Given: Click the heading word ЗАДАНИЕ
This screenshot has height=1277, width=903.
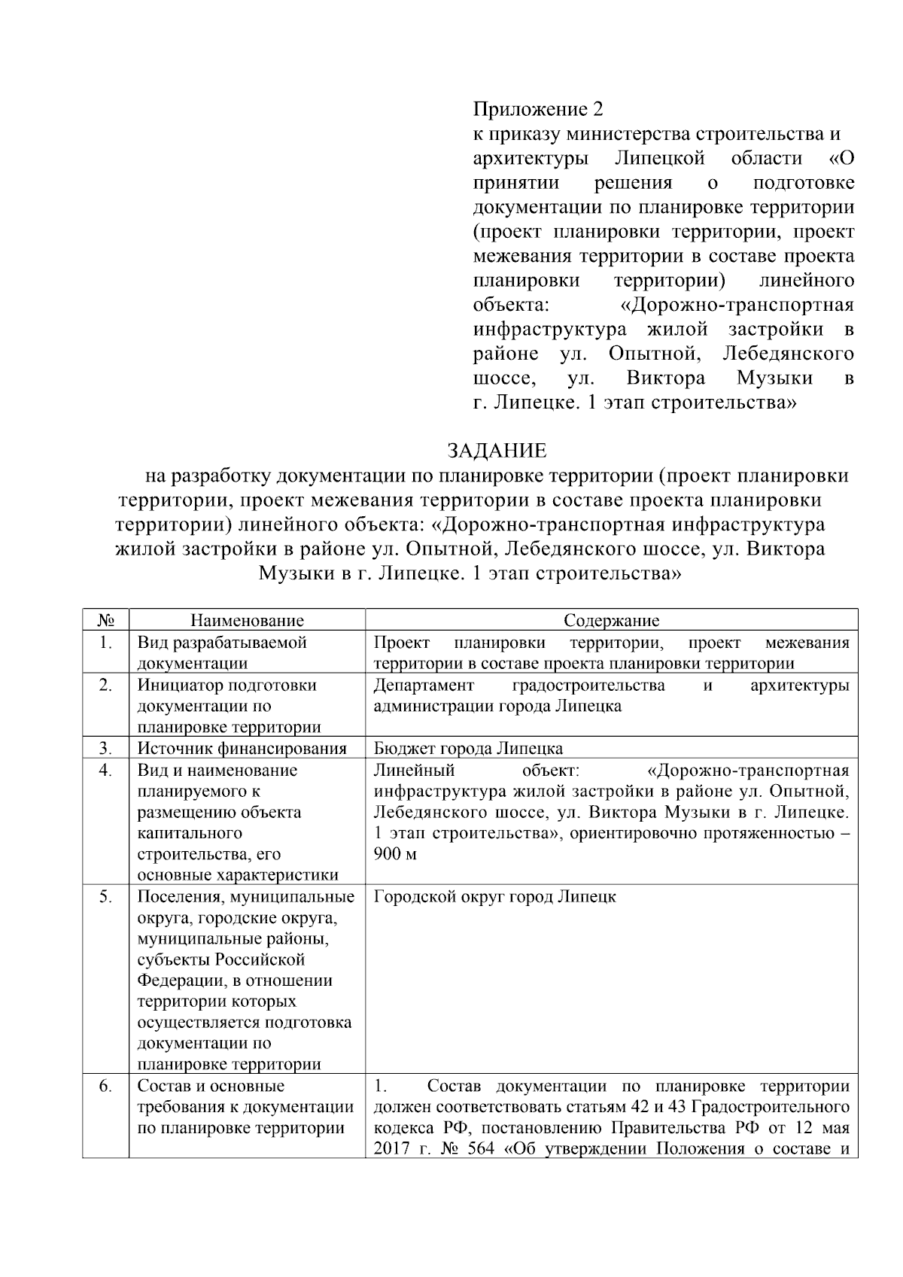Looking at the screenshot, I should click(497, 451).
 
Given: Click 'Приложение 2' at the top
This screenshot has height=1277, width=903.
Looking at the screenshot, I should click(538, 109).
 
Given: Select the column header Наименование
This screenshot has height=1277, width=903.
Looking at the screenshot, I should click(247, 621).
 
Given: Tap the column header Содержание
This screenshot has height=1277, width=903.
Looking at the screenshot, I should click(611, 621).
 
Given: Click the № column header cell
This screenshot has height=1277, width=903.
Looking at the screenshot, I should click(106, 621).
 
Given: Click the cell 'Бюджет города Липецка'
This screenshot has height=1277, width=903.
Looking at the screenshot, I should click(468, 749).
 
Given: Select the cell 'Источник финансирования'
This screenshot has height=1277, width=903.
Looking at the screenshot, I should click(242, 749).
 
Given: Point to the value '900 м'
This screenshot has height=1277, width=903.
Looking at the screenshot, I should click(395, 854).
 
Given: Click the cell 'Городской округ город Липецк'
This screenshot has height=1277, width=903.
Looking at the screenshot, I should click(494, 897).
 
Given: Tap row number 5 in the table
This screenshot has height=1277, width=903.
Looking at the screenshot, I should click(105, 897).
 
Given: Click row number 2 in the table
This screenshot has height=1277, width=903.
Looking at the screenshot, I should click(105, 686).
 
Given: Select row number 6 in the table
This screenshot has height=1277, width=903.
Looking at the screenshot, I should click(105, 1087).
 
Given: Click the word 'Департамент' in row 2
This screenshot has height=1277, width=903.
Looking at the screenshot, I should click(424, 686).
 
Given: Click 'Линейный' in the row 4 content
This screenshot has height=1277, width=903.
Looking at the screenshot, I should click(414, 771).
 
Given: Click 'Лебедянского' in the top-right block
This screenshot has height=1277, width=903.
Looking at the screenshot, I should click(788, 354).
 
